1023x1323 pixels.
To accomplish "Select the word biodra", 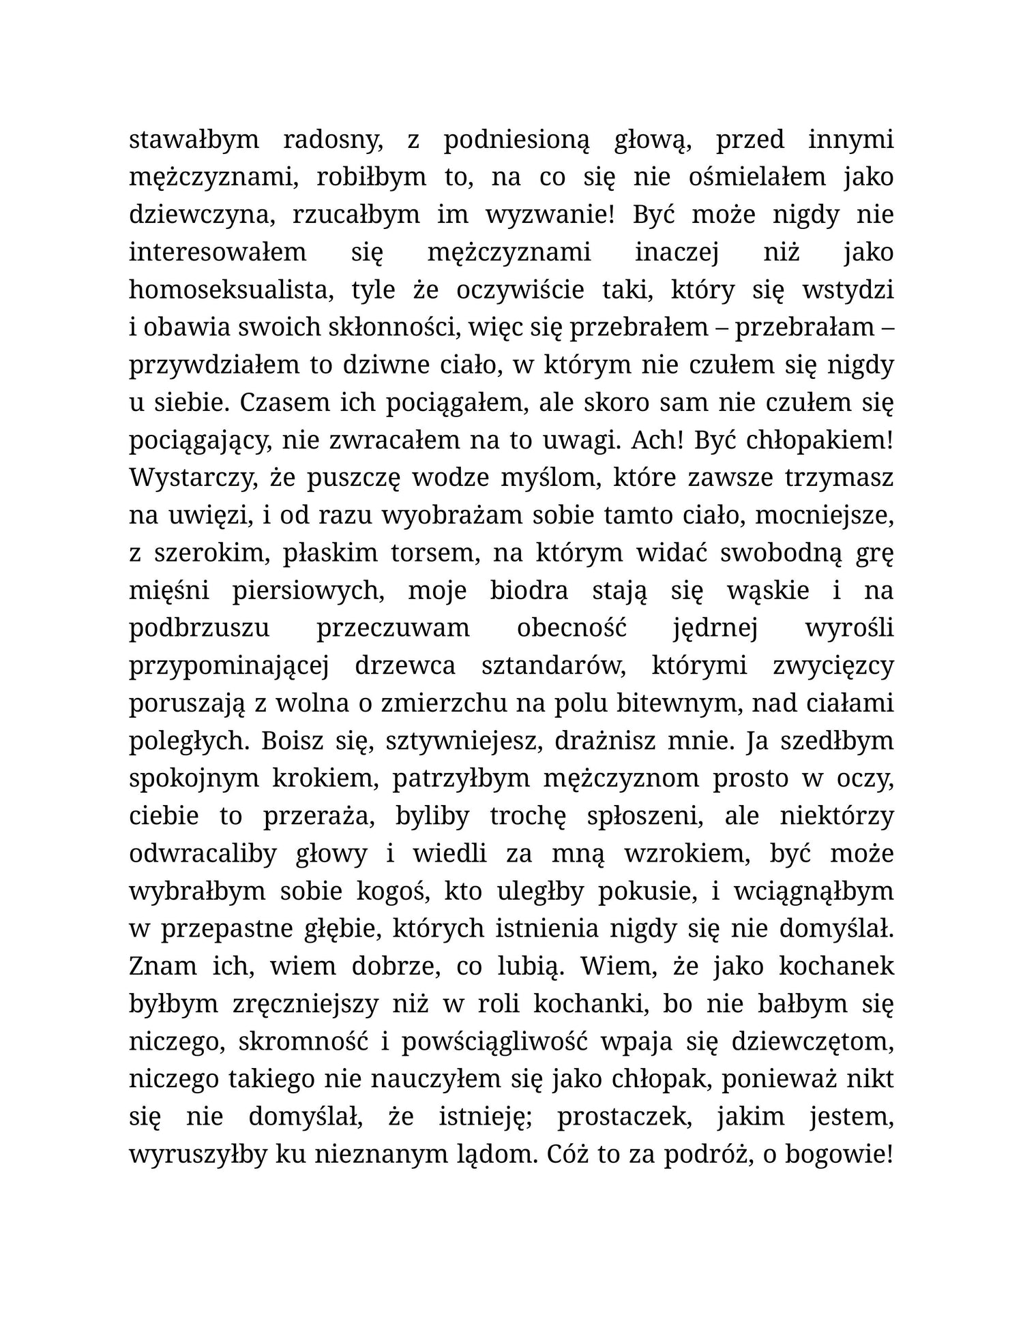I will tap(529, 590).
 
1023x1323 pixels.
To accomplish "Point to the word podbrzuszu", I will tap(199, 628).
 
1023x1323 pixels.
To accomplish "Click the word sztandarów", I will tap(553, 666).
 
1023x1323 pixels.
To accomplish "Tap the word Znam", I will tap(160, 967).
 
